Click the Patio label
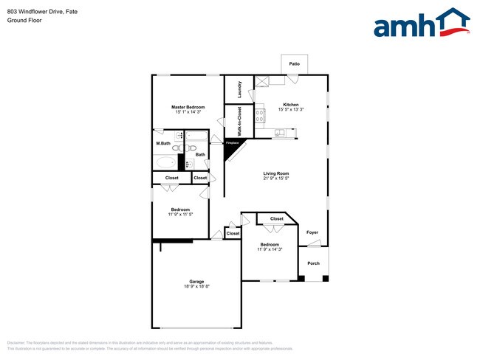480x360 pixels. point(294,64)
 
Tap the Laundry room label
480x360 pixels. point(240,89)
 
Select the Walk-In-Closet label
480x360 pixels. point(239,120)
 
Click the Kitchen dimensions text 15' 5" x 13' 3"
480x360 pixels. point(291,109)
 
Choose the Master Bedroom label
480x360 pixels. point(188,107)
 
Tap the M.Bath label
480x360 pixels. point(163,143)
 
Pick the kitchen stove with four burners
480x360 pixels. point(260,114)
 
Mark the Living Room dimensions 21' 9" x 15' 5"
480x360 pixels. point(276,179)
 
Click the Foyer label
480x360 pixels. point(313,232)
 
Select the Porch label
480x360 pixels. point(313,263)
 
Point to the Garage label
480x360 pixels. point(196,282)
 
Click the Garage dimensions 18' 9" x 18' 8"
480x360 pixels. point(196,287)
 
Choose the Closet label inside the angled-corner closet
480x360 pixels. point(276,219)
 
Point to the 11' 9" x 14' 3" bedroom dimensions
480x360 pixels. point(270,249)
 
